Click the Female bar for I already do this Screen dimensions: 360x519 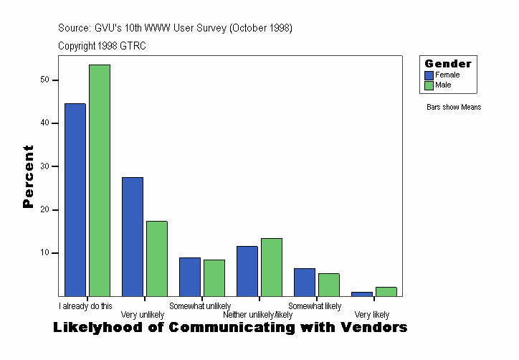coord(75,200)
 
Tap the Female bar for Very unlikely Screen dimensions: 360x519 coord(133,237)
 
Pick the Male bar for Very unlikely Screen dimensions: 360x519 coord(157,259)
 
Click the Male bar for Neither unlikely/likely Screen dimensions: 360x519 coord(272,267)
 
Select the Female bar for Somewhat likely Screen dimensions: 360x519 coord(305,282)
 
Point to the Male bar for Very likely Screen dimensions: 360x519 coord(386,291)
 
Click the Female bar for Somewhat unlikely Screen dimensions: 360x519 coord(190,277)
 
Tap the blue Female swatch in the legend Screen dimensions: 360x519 coord(429,75)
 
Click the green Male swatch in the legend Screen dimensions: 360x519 coord(429,85)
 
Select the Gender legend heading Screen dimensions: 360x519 coord(448,64)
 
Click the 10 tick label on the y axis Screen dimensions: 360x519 coord(44,253)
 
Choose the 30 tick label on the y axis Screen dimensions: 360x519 coord(44,166)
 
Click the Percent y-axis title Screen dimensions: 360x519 coord(28,176)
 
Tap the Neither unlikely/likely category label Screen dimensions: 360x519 coord(258,315)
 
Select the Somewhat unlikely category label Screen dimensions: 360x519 coord(200,306)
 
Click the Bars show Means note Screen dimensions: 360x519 coord(454,108)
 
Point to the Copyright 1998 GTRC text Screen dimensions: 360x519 coord(103,46)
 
